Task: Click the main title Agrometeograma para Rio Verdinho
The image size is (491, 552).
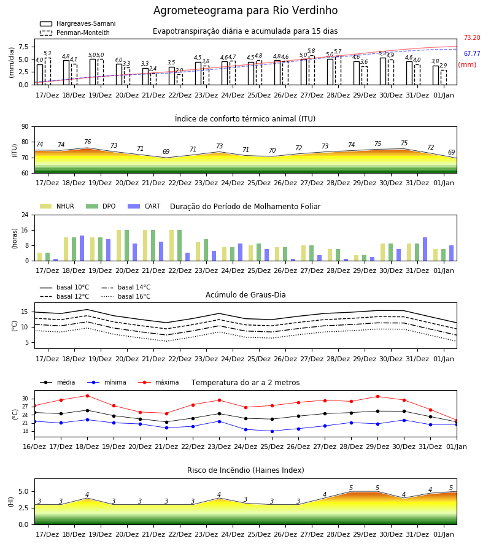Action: point(245,10)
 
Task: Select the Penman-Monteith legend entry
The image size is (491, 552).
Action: point(75,33)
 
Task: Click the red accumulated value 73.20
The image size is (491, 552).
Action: point(472,37)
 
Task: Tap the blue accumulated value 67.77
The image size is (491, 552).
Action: point(472,53)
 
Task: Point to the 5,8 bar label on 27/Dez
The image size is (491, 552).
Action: point(311,51)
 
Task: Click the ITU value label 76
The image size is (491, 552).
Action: point(87,142)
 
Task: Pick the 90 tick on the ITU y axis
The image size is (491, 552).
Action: point(25,127)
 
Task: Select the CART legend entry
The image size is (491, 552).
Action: point(144,206)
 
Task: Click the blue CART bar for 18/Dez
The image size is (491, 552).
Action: point(82,248)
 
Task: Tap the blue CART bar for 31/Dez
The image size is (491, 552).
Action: point(425,249)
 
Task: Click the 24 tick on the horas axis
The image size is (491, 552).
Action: point(25,215)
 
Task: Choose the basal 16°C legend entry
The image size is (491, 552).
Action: point(126,296)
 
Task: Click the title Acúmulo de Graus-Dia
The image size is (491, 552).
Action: point(245,294)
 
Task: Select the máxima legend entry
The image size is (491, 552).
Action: point(158,382)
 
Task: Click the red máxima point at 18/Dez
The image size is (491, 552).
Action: point(87,396)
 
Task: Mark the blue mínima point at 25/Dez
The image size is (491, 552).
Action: point(272,431)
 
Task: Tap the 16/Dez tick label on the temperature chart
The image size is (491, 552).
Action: point(34,447)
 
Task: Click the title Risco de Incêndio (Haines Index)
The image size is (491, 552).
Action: point(245,470)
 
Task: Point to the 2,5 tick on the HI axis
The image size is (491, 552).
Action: point(23,508)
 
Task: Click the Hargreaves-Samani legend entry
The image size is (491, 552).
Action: point(77,23)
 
